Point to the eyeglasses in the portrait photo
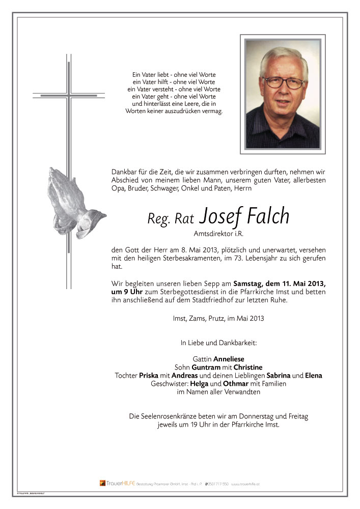point(283,82)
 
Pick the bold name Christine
point(248,367)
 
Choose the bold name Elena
point(314,376)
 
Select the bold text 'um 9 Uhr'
point(126,292)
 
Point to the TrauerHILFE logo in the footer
point(117,483)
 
